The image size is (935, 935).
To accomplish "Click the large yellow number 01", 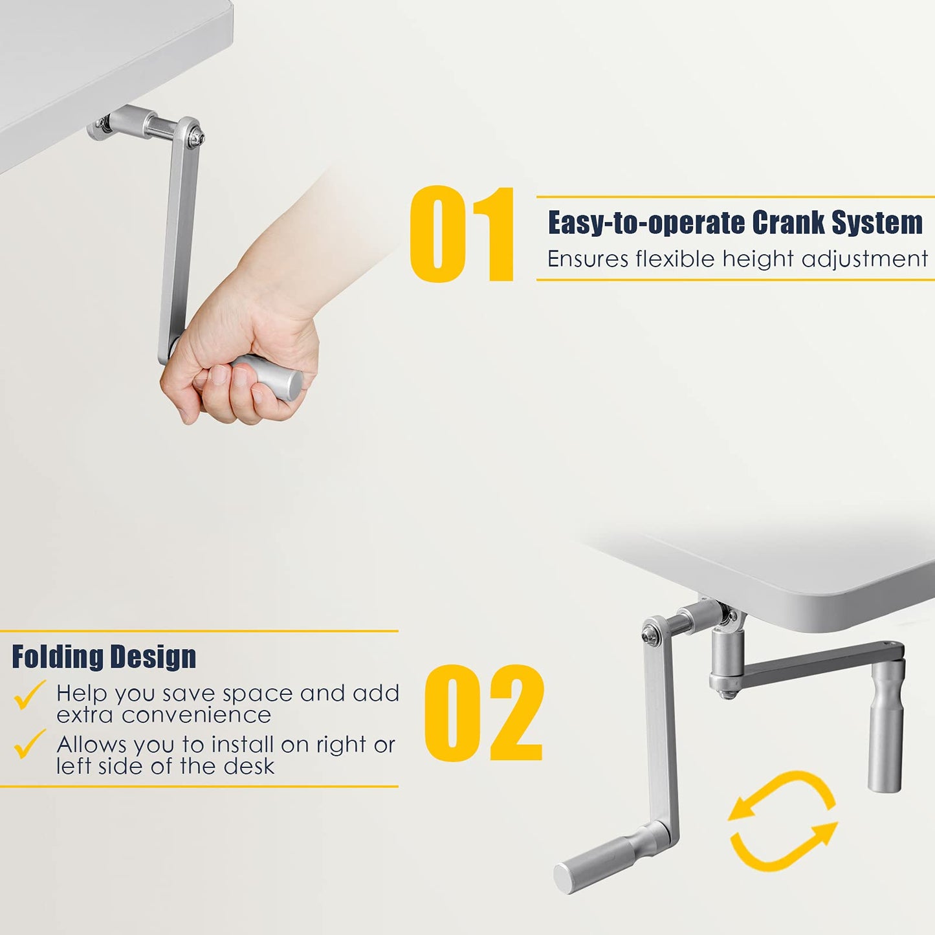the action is point(461,234).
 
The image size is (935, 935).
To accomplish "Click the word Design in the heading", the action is point(152,657).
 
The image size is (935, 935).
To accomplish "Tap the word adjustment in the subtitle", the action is point(864,259).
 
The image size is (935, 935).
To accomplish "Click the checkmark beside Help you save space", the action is point(29,694).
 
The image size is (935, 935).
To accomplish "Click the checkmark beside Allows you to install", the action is point(29,743).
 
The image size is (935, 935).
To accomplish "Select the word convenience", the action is point(196,715).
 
